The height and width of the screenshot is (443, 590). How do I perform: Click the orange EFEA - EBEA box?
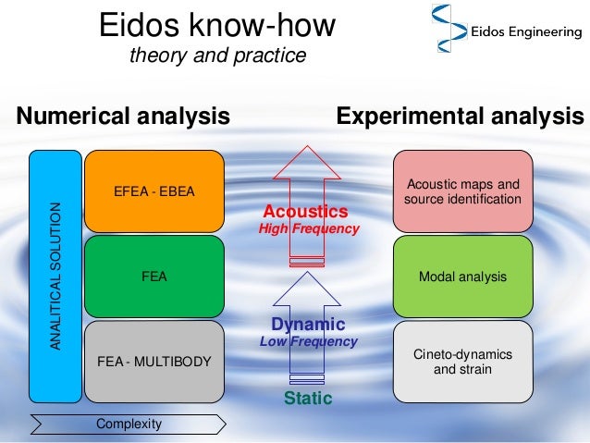point(154,192)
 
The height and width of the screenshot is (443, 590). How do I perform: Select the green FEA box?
point(154,275)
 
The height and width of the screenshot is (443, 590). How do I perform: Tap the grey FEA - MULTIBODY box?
point(154,361)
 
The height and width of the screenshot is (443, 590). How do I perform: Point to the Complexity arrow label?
point(129,424)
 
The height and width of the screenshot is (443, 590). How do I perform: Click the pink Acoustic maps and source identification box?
point(462,191)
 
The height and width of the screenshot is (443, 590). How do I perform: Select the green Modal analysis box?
point(462,276)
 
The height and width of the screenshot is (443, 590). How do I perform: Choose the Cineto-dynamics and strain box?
point(462,362)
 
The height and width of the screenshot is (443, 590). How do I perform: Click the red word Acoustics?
point(305,211)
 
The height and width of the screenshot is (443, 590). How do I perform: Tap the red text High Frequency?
point(308,228)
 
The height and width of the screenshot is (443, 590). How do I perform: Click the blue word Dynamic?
point(308,325)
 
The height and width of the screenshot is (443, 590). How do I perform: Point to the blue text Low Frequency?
point(308,341)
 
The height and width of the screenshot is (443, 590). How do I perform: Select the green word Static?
point(307,399)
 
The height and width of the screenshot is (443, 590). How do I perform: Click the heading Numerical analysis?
point(123,117)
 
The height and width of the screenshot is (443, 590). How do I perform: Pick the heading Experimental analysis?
point(460,117)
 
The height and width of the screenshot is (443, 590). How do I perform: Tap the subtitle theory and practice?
point(217,56)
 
